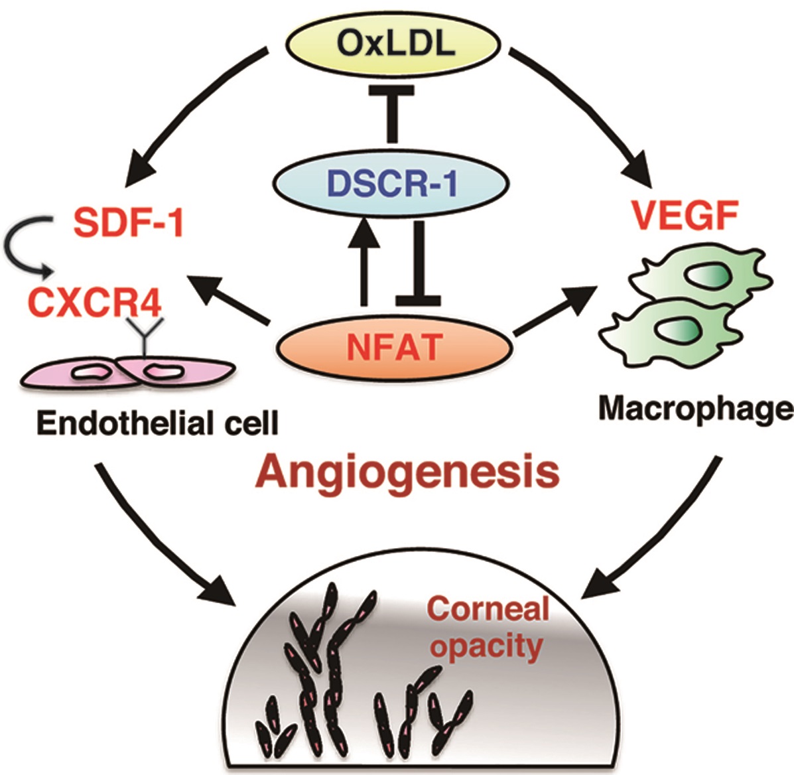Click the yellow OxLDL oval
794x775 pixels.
[393, 44]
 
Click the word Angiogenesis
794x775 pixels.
[408, 471]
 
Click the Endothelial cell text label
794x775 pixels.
[157, 423]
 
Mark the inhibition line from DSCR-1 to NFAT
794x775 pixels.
[418, 263]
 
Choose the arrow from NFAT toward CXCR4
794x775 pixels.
[229, 299]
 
